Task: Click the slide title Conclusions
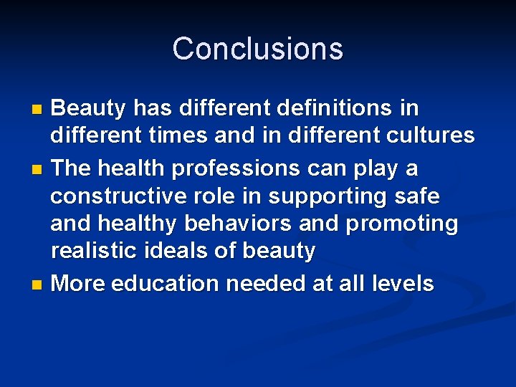[257, 49]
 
